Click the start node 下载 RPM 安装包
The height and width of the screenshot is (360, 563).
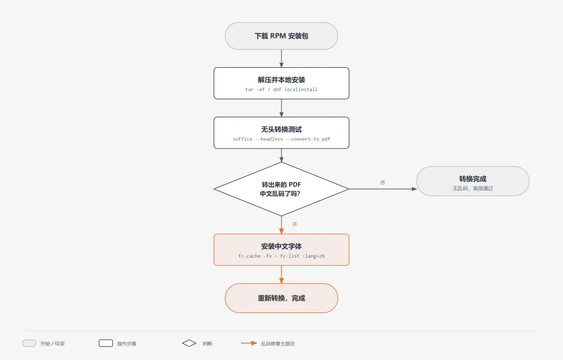[x=281, y=36]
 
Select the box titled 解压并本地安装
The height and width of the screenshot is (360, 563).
[x=281, y=83]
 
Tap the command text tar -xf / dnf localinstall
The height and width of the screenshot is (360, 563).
[x=281, y=90]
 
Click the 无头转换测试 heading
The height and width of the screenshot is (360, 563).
[x=281, y=129]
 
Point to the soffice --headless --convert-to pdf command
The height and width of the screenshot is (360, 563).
[x=281, y=139]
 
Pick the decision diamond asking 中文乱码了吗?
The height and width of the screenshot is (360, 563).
[x=281, y=189]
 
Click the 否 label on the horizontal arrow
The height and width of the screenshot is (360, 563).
[x=383, y=182]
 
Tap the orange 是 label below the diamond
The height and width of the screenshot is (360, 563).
[x=295, y=224]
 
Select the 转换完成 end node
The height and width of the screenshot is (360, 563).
[x=473, y=181]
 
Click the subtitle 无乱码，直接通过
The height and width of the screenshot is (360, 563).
[x=473, y=188]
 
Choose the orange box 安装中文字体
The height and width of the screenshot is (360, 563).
[x=281, y=250]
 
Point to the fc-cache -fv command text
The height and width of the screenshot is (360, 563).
[x=255, y=256]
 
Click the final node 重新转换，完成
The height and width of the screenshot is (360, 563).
[x=281, y=298]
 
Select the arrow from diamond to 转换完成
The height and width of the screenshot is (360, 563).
[x=383, y=189]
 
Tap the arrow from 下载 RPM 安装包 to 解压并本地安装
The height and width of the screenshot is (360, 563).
[x=281, y=58]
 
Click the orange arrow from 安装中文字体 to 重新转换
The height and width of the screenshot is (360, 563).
[x=281, y=275]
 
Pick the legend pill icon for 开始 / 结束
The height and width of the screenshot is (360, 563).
[x=29, y=343]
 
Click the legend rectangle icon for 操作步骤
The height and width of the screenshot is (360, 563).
[x=106, y=343]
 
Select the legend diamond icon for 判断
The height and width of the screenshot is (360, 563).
[x=189, y=343]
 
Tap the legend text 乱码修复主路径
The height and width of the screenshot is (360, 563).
[x=278, y=343]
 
